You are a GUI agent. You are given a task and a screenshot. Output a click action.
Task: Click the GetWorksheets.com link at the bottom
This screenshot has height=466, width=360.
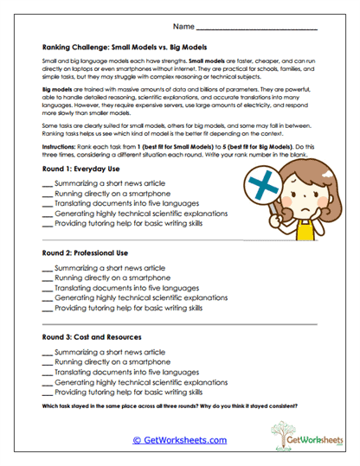point(179,439)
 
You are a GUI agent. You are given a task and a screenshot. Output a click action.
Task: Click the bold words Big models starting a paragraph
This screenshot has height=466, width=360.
point(57,89)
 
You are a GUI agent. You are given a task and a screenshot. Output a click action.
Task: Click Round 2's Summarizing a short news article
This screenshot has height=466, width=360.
point(109,269)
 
